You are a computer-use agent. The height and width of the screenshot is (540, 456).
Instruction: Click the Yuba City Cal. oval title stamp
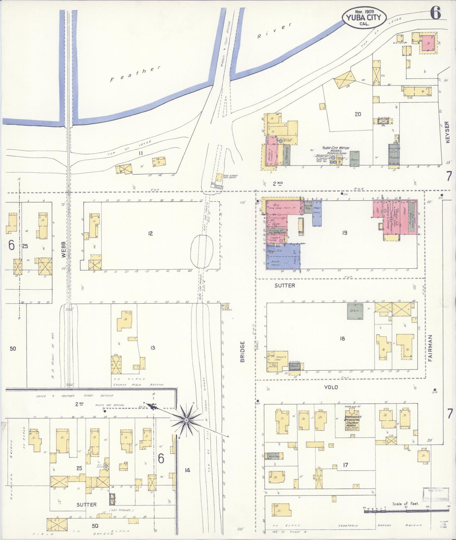364,18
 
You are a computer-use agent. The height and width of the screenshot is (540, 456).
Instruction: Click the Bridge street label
242,351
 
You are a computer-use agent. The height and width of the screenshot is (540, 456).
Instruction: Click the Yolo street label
331,387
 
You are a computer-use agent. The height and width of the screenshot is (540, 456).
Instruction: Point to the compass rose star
186,420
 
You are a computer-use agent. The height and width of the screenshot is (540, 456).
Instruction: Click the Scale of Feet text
405,504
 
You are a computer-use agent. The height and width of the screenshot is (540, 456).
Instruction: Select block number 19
344,233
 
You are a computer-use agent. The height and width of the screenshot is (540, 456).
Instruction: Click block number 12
150,233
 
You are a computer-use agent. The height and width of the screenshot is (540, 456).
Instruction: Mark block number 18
342,339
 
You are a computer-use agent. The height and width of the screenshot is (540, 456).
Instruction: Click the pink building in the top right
428,43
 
